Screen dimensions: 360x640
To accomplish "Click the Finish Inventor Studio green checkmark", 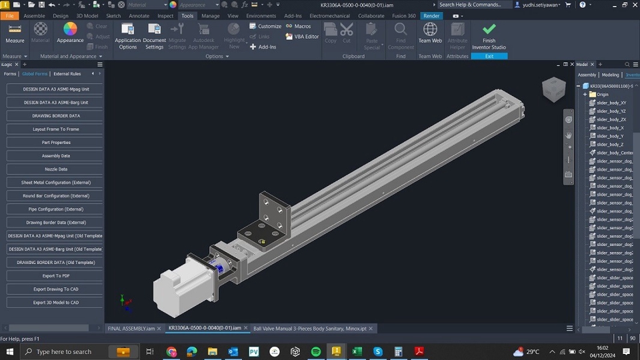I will click(x=489, y=29).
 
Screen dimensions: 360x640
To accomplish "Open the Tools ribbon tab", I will click(x=187, y=15).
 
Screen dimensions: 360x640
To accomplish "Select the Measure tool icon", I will click(x=15, y=30).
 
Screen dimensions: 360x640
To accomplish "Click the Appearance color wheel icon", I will click(x=70, y=29).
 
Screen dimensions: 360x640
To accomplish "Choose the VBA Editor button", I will click(x=303, y=37).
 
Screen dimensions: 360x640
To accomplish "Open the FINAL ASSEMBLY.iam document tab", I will click(x=131, y=328).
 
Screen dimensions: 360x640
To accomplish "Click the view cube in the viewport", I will click(x=553, y=89).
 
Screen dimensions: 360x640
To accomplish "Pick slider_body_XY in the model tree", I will click(x=611, y=103).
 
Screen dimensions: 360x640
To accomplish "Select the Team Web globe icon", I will click(x=430, y=29).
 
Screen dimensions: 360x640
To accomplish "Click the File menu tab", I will click(x=9, y=15).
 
